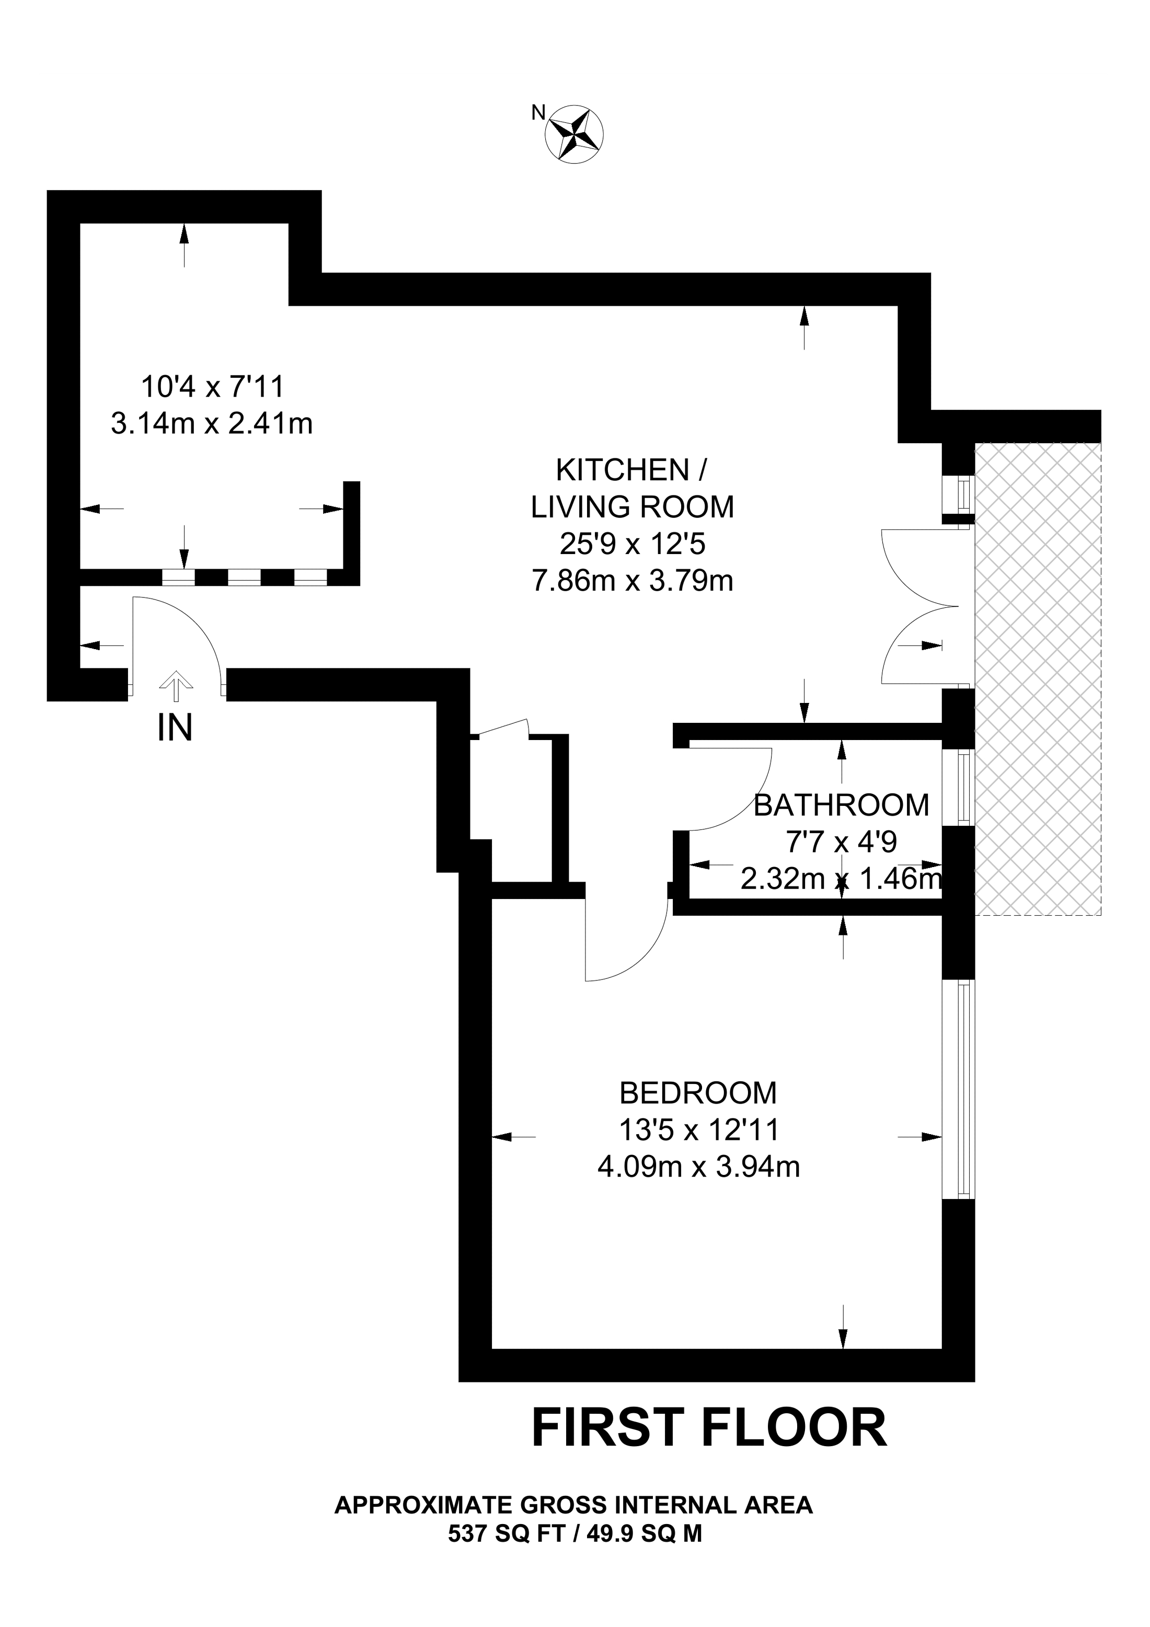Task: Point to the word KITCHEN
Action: click(622, 470)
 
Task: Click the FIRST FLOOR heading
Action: click(709, 1428)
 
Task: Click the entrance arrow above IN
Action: click(176, 687)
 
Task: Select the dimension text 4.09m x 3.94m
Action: click(699, 1167)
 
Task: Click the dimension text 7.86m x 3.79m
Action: click(632, 581)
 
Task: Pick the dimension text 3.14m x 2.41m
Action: click(212, 424)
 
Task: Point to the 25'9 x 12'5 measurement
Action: click(632, 544)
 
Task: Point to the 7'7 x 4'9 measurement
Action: click(841, 842)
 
